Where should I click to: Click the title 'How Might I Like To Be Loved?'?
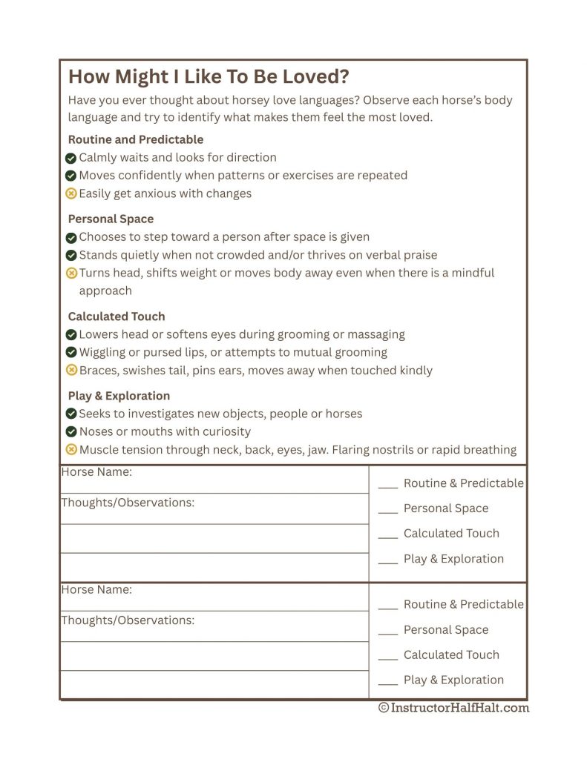click(209, 77)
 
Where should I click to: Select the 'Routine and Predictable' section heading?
click(135, 139)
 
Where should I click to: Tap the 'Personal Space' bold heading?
click(111, 219)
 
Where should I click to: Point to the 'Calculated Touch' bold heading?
click(116, 316)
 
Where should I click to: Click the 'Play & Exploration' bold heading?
click(119, 396)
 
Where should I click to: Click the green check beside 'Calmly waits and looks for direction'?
click(71, 158)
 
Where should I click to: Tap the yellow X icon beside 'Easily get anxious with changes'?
click(71, 193)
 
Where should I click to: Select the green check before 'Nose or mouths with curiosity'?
click(71, 431)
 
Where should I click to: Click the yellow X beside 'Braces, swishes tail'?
click(71, 370)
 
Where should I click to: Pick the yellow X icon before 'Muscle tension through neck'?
click(71, 449)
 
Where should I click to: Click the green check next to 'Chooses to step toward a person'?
click(71, 237)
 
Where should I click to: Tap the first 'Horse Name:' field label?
click(96, 471)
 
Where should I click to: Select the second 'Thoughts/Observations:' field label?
click(128, 620)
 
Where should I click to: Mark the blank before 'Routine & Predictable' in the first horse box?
click(388, 485)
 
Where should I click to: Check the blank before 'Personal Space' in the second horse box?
click(388, 632)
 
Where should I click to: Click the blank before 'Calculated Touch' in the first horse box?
click(388, 536)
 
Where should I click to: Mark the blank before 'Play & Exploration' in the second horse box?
click(388, 683)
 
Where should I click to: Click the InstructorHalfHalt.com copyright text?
click(453, 708)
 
